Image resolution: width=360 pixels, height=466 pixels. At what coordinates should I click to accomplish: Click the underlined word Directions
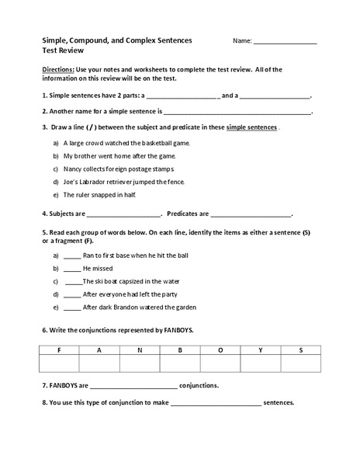pos(58,70)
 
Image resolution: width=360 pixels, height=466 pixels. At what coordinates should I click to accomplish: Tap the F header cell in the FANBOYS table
pos(60,350)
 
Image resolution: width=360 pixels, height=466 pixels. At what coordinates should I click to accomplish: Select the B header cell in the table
pos(179,350)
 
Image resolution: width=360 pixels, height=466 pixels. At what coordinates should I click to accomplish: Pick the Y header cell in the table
pos(260,350)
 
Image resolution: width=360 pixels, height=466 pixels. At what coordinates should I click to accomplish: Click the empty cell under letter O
pos(220,363)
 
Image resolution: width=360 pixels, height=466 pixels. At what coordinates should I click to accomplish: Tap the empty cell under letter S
pos(299,363)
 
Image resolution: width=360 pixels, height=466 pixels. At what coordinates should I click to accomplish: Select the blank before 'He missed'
pos(71,269)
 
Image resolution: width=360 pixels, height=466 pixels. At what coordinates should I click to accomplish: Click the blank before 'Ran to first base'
pos(71,256)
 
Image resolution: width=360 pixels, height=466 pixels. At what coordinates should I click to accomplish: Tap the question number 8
pos(44,402)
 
